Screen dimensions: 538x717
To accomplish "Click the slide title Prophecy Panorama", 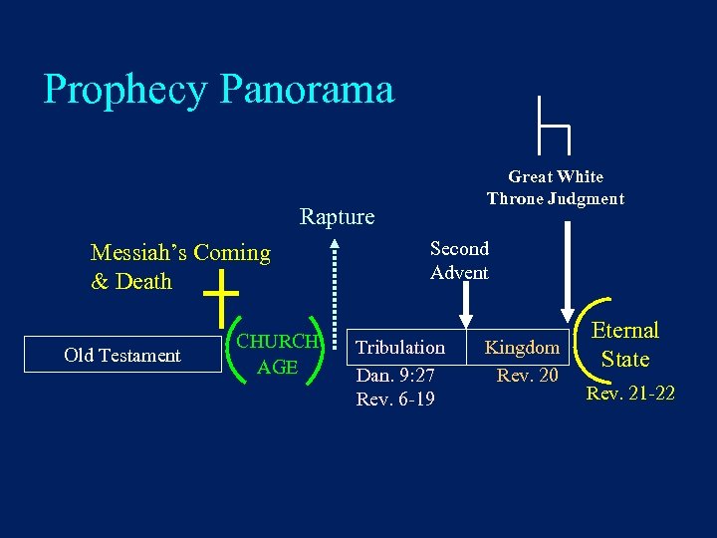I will click(x=219, y=90).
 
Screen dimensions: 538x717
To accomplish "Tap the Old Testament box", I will click(x=122, y=356).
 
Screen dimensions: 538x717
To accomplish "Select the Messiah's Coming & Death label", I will click(x=179, y=267).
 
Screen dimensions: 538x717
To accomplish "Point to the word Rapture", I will click(x=338, y=217).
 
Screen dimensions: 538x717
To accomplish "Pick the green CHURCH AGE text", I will click(x=277, y=354).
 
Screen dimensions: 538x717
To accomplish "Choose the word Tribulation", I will click(x=400, y=348).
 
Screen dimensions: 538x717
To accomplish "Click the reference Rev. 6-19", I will click(x=395, y=400).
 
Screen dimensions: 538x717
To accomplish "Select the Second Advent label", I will click(x=459, y=261).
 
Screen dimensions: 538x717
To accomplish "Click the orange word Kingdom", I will click(x=522, y=348).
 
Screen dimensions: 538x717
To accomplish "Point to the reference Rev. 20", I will click(x=528, y=376).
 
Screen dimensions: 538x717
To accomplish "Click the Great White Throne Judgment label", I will click(x=556, y=188).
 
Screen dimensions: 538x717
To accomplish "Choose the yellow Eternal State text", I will click(x=625, y=345).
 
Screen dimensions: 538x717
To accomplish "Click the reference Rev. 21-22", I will click(x=630, y=394).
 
